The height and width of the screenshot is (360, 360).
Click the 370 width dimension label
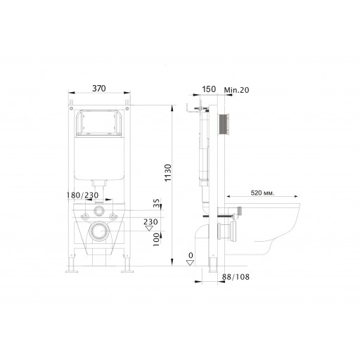point(99,89)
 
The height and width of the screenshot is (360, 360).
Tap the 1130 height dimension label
point(168,173)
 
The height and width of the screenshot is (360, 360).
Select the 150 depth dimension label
point(209,89)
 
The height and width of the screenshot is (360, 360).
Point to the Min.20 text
point(236,90)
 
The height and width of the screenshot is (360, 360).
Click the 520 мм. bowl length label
point(262,193)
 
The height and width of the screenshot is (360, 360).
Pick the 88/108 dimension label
point(236,277)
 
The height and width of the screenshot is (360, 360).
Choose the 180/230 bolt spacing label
point(82,195)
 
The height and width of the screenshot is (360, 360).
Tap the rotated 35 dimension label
point(156,203)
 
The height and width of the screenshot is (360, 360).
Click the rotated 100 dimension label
point(156,240)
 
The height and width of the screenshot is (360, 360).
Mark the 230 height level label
point(150,221)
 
